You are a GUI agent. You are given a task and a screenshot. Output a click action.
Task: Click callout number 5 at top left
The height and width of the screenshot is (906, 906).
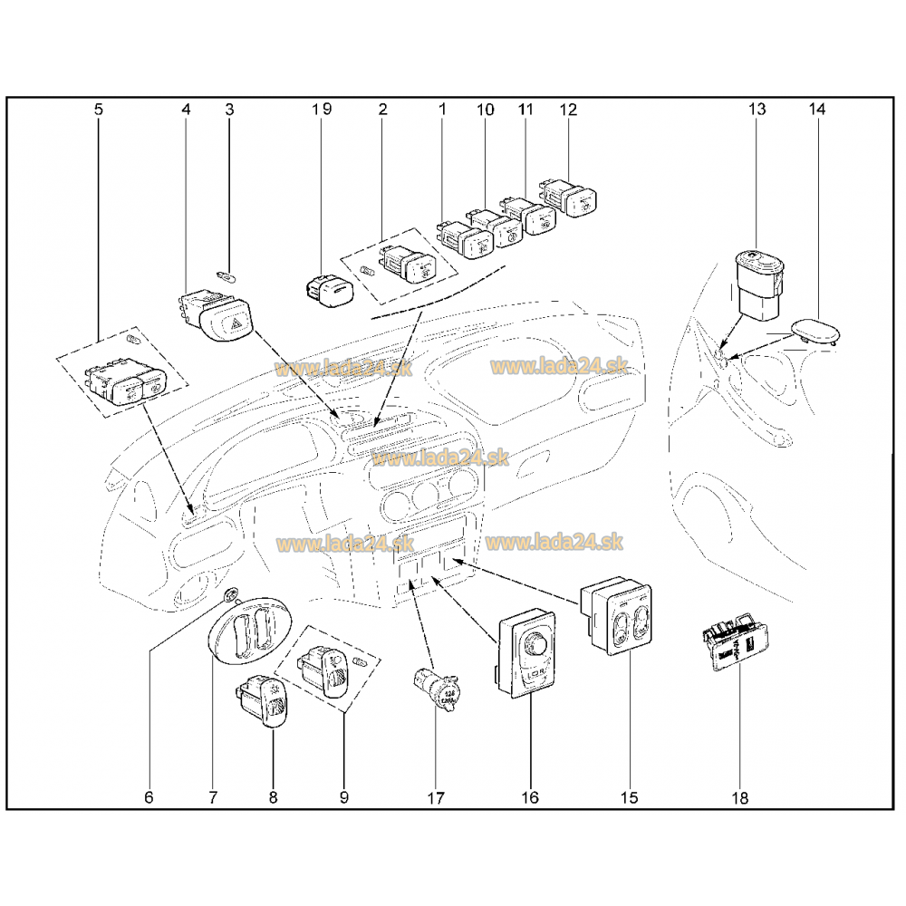(x=99, y=109)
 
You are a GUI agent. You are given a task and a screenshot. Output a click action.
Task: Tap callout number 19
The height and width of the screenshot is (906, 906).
(x=322, y=109)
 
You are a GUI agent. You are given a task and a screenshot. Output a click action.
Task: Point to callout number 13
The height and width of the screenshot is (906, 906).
(x=757, y=109)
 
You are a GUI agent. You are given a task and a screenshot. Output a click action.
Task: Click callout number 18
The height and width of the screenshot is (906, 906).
(x=739, y=797)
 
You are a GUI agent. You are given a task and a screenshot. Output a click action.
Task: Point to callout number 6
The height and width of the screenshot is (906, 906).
(x=149, y=797)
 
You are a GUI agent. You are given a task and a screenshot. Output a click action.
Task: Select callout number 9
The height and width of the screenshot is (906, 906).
(x=344, y=797)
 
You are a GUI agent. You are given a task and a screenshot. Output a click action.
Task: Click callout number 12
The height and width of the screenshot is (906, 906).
(x=568, y=109)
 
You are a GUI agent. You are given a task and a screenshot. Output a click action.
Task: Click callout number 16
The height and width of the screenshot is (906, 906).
(x=530, y=797)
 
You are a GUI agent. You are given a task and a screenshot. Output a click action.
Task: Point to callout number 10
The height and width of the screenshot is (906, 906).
(x=485, y=109)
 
